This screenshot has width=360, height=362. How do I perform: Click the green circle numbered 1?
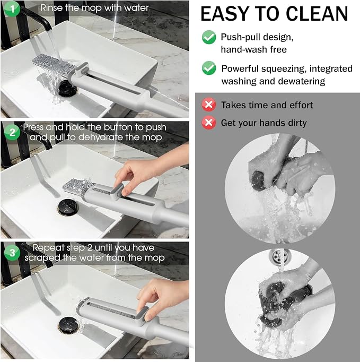(x=12, y=9)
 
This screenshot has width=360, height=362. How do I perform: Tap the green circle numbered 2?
(x=12, y=132)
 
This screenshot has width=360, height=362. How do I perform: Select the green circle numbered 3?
(x=12, y=253)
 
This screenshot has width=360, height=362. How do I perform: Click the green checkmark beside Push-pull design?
(x=209, y=37)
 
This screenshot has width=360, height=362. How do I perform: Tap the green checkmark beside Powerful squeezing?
(x=209, y=68)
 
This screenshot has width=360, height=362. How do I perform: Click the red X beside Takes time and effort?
(x=209, y=105)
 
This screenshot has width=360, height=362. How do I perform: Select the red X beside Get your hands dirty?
(x=209, y=123)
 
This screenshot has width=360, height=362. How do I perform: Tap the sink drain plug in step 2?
(x=67, y=208)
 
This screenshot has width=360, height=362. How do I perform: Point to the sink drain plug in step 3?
(x=67, y=325)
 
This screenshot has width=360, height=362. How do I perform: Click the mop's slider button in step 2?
(x=118, y=191)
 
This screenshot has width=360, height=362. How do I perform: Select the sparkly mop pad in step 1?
(x=54, y=64)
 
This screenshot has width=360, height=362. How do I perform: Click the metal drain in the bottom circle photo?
(x=279, y=255)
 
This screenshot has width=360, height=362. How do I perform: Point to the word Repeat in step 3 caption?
(x=48, y=248)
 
